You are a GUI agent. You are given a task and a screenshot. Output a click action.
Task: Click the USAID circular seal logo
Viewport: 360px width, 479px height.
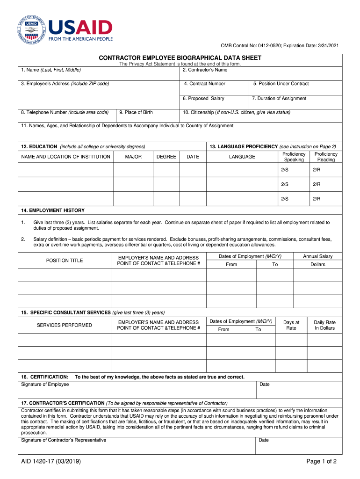tap(32, 30)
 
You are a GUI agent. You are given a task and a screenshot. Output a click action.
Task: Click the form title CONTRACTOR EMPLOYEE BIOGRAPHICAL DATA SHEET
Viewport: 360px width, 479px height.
tap(180, 58)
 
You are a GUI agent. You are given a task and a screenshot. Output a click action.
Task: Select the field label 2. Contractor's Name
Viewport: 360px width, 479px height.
tap(205, 70)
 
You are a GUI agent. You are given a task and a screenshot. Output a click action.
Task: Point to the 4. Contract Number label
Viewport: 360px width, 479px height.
tap(205, 84)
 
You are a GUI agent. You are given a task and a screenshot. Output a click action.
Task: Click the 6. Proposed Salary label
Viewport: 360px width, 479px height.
tap(203, 99)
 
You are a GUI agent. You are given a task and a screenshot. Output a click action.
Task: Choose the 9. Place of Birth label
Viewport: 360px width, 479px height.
tap(136, 112)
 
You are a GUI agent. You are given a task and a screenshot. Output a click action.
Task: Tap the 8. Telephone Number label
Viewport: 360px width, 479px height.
tap(65, 112)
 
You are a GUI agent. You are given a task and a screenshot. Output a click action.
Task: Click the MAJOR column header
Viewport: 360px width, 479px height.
tap(133, 157)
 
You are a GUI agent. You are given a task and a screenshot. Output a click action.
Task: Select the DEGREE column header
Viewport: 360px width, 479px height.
tap(166, 157)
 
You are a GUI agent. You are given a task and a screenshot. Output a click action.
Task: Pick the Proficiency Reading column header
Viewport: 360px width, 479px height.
tap(326, 157)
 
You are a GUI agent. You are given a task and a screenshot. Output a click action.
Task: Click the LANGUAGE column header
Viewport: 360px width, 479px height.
tap(242, 157)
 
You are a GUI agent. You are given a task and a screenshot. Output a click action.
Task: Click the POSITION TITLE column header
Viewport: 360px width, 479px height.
tap(65, 261)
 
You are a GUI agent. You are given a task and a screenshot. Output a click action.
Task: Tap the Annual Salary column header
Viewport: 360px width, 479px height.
tap(317, 256)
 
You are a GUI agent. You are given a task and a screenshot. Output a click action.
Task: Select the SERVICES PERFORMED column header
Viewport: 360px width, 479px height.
tap(65, 325)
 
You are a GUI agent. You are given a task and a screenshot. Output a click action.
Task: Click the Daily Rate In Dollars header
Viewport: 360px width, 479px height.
tap(324, 325)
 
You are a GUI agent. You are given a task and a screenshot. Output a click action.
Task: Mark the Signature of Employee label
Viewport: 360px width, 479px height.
tap(45, 385)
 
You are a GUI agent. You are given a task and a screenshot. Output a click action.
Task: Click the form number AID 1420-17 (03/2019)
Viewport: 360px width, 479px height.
tap(51, 462)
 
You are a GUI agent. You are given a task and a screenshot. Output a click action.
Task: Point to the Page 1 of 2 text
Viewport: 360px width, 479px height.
tap(321, 462)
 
